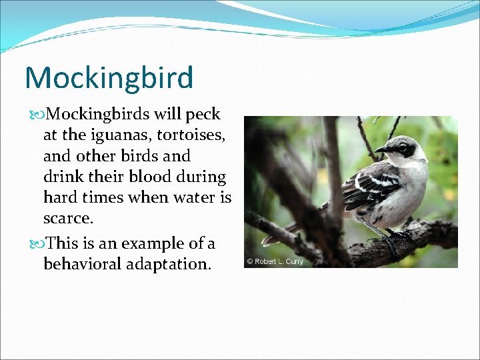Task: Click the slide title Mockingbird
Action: coord(109,77)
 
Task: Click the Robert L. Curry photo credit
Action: coord(275,261)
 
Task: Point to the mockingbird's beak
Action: coord(381,149)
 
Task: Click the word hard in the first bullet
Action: coord(61,198)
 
